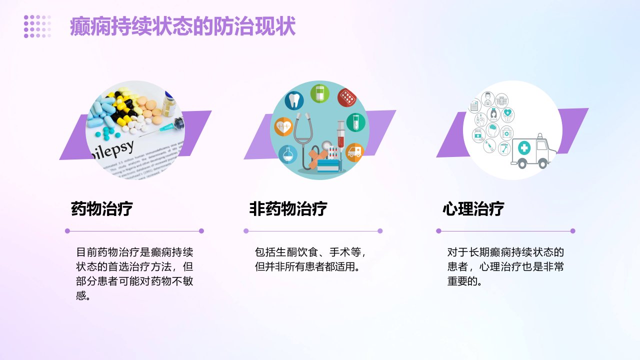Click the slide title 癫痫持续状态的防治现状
(x=182, y=26)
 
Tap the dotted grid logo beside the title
(x=37, y=26)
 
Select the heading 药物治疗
(x=101, y=208)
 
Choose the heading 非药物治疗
(x=288, y=208)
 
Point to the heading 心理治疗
(x=473, y=208)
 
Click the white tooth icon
(x=294, y=100)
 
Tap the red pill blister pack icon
(x=347, y=97)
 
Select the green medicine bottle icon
(x=319, y=93)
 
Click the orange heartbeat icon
(x=283, y=126)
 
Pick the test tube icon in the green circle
(x=355, y=122)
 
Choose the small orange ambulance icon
(x=354, y=152)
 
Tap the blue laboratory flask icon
(x=287, y=154)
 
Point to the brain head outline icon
(x=492, y=130)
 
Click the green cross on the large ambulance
(x=524, y=147)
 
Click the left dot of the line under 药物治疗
(x=67, y=231)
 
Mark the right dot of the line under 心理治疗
(x=572, y=231)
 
